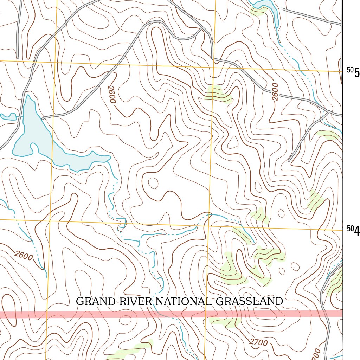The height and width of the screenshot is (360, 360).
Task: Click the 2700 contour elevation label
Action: tap(258, 342)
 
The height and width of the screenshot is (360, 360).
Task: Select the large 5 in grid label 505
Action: tap(357, 73)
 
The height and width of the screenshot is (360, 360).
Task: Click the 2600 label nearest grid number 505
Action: tap(275, 92)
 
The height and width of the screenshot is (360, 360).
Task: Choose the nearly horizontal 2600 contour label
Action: tap(24, 255)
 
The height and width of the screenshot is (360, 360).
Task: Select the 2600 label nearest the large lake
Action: tap(111, 94)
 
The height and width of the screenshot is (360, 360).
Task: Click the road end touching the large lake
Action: tap(43, 118)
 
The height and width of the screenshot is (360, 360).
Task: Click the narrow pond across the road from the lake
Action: tap(9, 117)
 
